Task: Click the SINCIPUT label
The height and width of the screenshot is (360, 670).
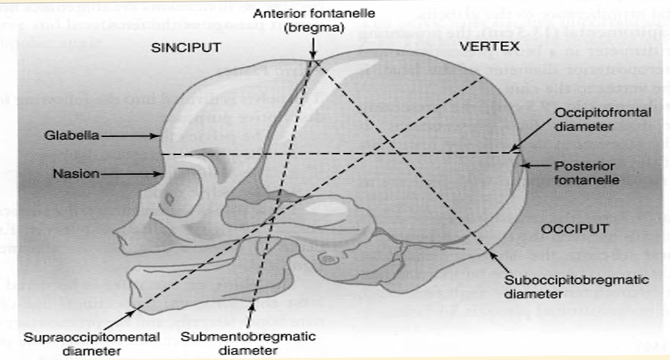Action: (185, 47)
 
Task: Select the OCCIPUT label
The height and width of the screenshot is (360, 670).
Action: (574, 227)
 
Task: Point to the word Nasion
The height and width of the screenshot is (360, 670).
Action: (76, 174)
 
